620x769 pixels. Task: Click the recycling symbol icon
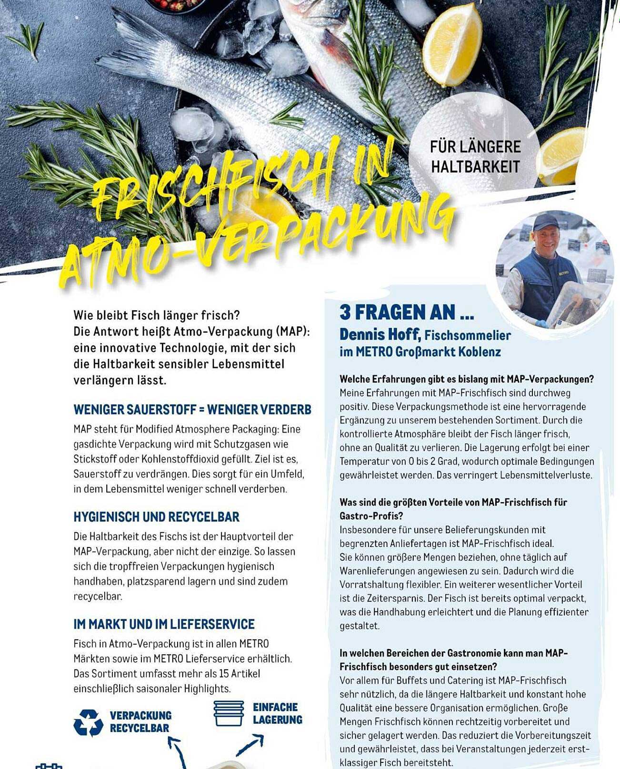[x=88, y=723]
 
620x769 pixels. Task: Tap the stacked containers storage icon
[x=229, y=713]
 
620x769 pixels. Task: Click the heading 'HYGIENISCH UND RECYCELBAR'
[x=156, y=517]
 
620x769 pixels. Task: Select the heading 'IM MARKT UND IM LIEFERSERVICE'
[x=164, y=624]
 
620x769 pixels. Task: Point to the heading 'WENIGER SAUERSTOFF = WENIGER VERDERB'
[x=192, y=410]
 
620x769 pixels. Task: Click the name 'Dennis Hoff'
[x=380, y=334]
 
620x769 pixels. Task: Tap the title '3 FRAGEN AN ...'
[x=406, y=313]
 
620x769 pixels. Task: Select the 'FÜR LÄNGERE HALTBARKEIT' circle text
[x=475, y=156]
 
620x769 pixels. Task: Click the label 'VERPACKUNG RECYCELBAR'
[x=140, y=722]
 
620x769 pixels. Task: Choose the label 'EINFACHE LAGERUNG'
[x=277, y=713]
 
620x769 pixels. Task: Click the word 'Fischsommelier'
[x=467, y=335]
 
